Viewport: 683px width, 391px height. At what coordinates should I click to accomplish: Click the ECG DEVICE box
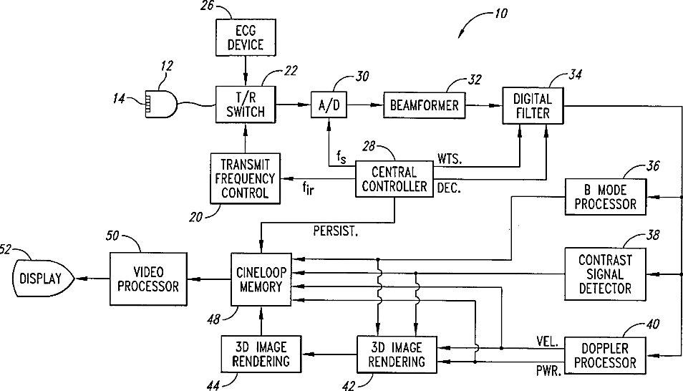[x=246, y=37]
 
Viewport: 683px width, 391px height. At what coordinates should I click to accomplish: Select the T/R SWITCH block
[x=246, y=105]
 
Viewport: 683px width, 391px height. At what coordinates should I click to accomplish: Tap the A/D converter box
[x=329, y=105]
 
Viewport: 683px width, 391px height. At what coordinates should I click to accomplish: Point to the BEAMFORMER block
[x=425, y=105]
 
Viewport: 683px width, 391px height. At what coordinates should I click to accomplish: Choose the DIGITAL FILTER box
[x=533, y=105]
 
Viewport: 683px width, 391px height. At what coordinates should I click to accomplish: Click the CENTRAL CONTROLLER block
[x=394, y=179]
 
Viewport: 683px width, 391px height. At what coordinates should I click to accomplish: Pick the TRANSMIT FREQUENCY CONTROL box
[x=246, y=178]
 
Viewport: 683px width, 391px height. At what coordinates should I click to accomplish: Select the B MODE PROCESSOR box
[x=606, y=197]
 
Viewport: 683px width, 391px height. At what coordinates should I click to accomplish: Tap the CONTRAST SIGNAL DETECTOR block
[x=606, y=274]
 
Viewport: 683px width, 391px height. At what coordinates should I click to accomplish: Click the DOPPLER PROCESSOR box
[x=605, y=355]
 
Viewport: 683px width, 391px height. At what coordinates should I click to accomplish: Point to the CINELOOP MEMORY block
[x=261, y=279]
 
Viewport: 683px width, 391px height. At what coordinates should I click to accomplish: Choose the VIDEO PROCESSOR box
[x=148, y=279]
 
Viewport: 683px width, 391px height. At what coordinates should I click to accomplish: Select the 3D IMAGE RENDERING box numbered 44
[x=261, y=354]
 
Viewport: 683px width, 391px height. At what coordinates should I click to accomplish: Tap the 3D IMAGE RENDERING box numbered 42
[x=397, y=354]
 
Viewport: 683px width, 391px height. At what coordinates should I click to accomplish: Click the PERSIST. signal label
[x=335, y=231]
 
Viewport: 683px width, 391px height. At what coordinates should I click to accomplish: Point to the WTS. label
[x=450, y=159]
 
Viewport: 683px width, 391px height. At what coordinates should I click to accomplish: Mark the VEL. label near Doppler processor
[x=548, y=342]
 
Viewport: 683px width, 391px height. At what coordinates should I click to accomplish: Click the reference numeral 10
[x=501, y=14]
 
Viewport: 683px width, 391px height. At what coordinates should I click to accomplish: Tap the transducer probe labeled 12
[x=161, y=104]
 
